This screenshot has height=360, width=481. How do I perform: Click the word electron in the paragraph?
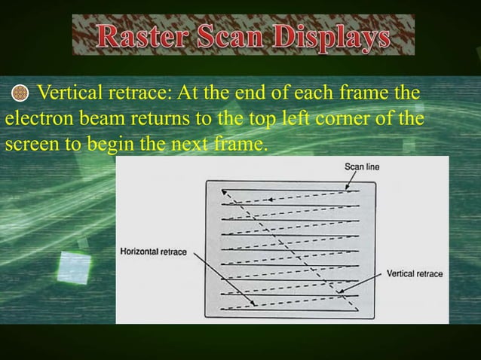point(35,120)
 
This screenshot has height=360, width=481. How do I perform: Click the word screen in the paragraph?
point(29,145)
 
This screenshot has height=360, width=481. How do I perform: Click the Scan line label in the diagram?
point(362,166)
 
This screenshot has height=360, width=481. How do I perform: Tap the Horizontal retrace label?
point(154,252)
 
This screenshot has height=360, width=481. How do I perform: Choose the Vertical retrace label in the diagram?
point(415,273)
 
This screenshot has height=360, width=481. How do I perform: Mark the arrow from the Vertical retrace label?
point(362,282)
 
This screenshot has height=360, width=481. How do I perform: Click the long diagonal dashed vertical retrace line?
point(286,249)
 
